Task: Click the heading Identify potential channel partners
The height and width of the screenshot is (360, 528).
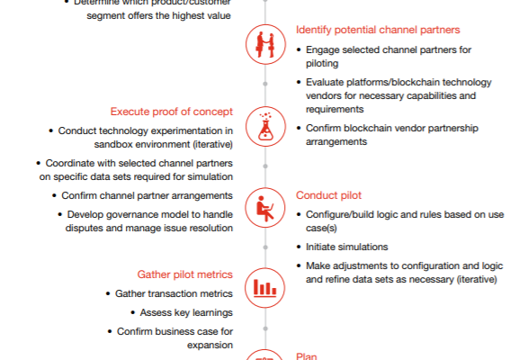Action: point(378,30)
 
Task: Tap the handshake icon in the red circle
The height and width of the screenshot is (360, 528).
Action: point(265,44)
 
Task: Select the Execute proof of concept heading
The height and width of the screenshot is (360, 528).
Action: point(172,112)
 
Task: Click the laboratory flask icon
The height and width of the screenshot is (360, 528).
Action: point(265,126)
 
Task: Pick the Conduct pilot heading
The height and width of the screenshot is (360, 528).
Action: point(328,195)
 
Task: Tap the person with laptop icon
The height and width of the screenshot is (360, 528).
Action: point(265,208)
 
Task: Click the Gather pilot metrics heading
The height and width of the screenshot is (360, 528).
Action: point(185,274)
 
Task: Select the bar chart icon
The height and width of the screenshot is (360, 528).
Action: point(264,288)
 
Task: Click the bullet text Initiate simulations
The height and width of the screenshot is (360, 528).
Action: point(347,247)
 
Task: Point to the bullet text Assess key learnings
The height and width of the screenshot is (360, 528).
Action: point(186,313)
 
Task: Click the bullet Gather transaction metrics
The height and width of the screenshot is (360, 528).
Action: point(174,293)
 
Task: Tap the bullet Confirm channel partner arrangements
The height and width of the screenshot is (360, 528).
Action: point(147,195)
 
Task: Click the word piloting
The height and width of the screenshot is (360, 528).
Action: point(322,64)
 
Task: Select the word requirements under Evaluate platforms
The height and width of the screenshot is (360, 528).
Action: point(335,109)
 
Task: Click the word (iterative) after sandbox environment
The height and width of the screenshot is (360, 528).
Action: point(213,145)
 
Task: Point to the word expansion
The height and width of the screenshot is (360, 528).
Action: point(210,346)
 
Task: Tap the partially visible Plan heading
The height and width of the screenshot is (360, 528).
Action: point(307,356)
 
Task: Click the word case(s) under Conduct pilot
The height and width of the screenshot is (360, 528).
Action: point(321,229)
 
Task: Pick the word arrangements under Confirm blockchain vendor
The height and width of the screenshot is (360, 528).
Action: point(336,142)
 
